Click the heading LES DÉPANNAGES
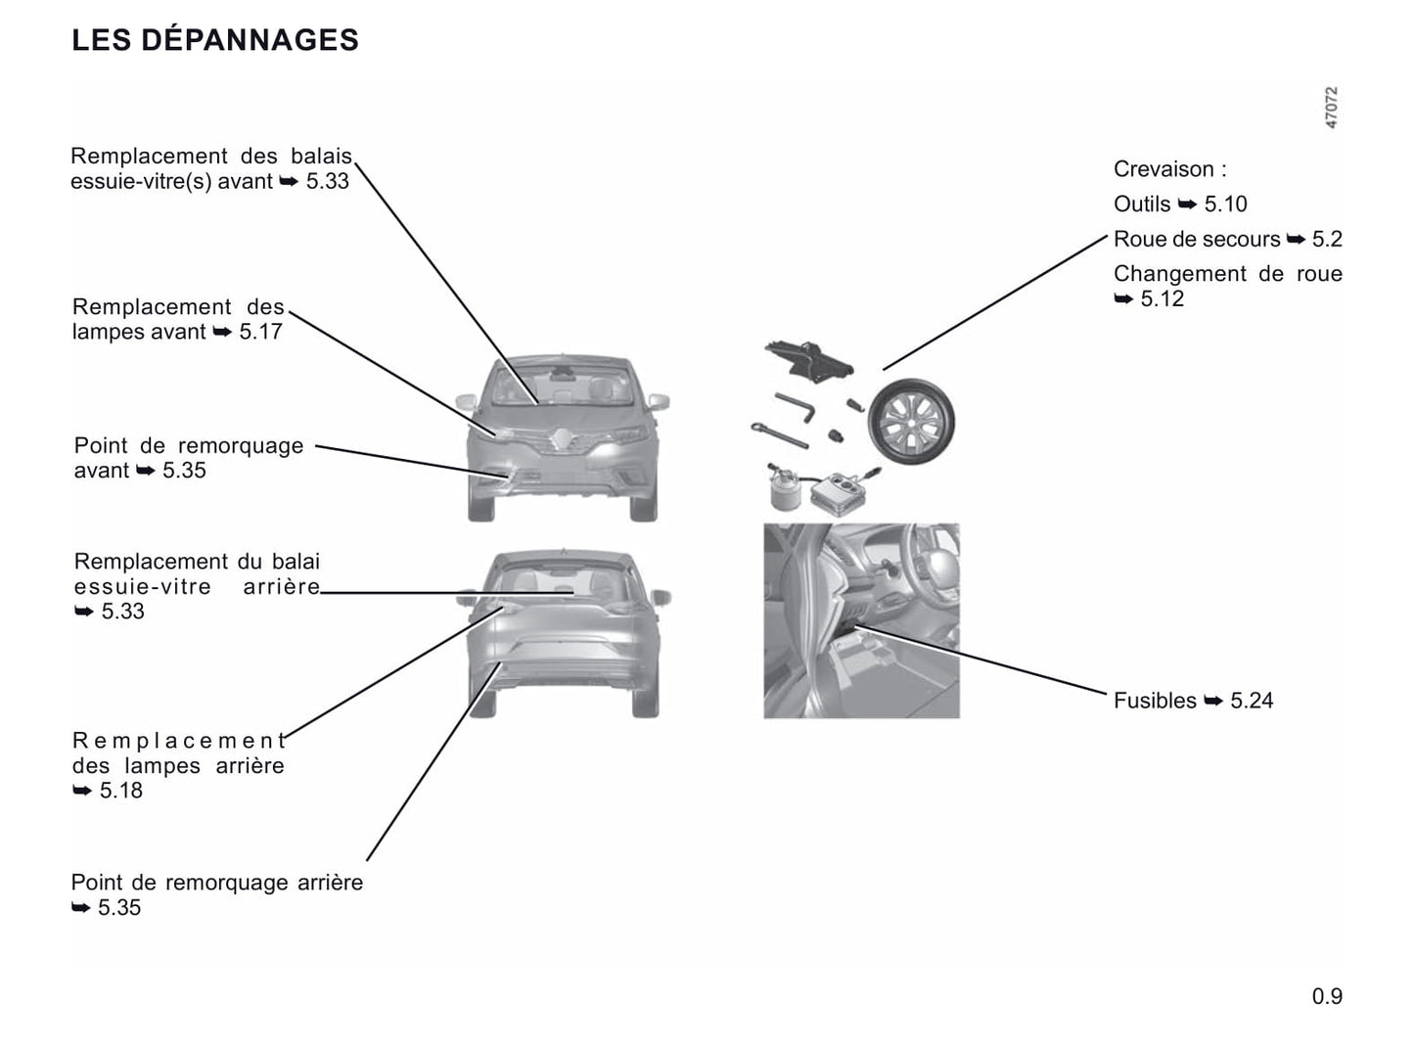[x=215, y=40]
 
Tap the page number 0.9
[x=1327, y=997]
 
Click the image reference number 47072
[x=1331, y=108]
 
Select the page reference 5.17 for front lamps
[x=260, y=332]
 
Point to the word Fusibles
[x=1155, y=701]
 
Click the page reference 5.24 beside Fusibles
[x=1252, y=701]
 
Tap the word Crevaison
[x=1163, y=169]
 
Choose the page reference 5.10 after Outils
[x=1225, y=205]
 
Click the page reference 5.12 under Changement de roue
[x=1163, y=299]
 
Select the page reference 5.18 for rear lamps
[x=121, y=791]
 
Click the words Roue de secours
[x=1197, y=240]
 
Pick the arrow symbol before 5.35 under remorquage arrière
[x=81, y=908]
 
